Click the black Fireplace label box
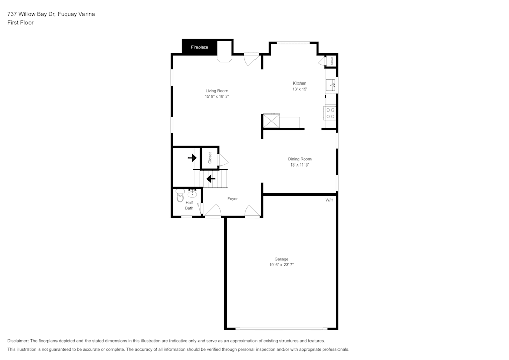pos(200,47)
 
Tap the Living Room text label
pos(217,91)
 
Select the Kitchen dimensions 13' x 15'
pos(299,89)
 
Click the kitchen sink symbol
pos(331,85)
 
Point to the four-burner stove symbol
pos(330,113)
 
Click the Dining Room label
pos(299,159)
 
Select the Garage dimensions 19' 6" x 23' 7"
pos(281,265)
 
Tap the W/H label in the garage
pos(329,200)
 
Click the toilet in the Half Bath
pos(180,196)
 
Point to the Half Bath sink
pos(193,193)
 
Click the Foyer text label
pos(232,199)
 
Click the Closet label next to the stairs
pos(210,157)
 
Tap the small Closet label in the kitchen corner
pos(332,60)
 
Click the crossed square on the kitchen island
pos(271,121)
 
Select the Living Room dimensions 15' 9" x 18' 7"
pos(217,96)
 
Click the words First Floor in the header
pos(20,23)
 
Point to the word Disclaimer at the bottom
pos(18,341)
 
